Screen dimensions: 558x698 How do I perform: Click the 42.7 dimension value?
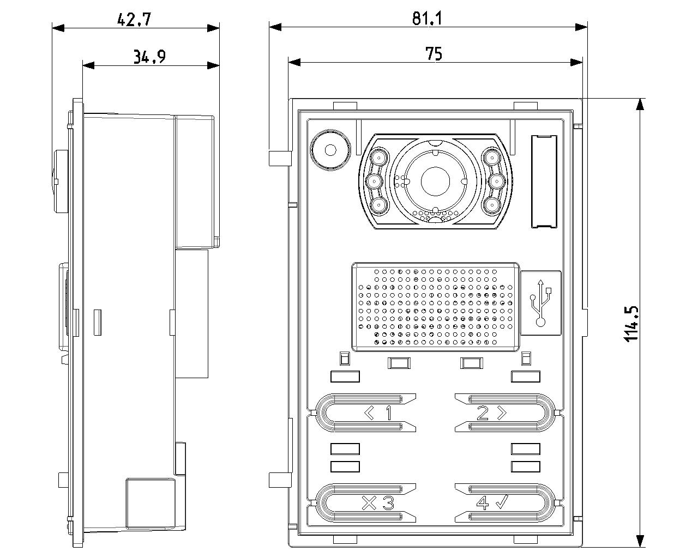pyautogui.click(x=134, y=20)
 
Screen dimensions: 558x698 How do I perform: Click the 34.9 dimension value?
pyautogui.click(x=149, y=57)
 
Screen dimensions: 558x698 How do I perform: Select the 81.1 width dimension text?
pyautogui.click(x=427, y=19)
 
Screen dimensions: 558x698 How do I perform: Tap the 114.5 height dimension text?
pyautogui.click(x=631, y=324)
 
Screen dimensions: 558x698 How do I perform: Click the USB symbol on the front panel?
pyautogui.click(x=540, y=303)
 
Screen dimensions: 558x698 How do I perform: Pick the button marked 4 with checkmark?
pyautogui.click(x=504, y=503)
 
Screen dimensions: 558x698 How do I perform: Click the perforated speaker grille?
pyautogui.click(x=436, y=306)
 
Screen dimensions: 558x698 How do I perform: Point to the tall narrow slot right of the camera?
pyautogui.click(x=544, y=180)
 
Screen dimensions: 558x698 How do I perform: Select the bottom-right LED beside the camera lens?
pyautogui.click(x=492, y=205)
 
